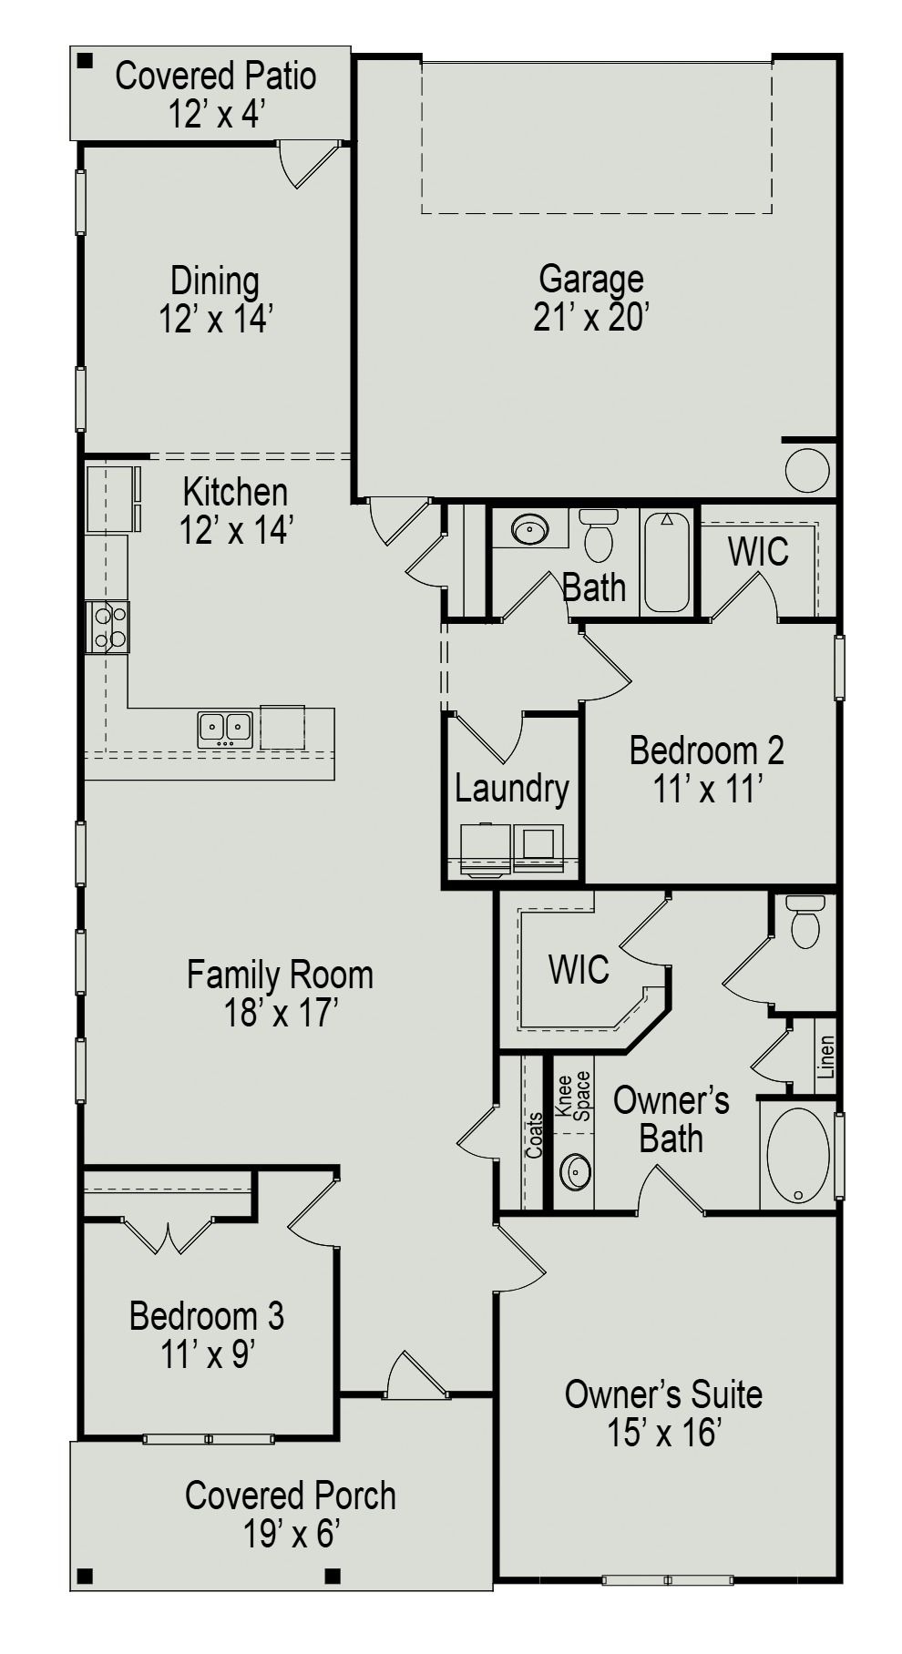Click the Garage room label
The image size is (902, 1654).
[x=590, y=280]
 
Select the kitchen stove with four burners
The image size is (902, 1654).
[x=108, y=627]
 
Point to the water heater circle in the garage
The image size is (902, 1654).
[x=807, y=471]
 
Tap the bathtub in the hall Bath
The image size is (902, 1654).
[x=667, y=562]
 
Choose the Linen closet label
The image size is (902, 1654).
[x=825, y=1057]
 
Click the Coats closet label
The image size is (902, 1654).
[x=535, y=1135]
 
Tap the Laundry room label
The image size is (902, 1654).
[x=511, y=789]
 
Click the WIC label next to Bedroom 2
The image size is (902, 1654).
[x=758, y=552]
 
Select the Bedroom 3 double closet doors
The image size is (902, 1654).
[x=168, y=1235]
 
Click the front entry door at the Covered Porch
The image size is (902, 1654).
[x=416, y=1377]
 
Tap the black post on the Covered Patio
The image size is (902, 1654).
[x=85, y=62]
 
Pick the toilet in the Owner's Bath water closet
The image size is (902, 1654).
[x=806, y=922]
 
